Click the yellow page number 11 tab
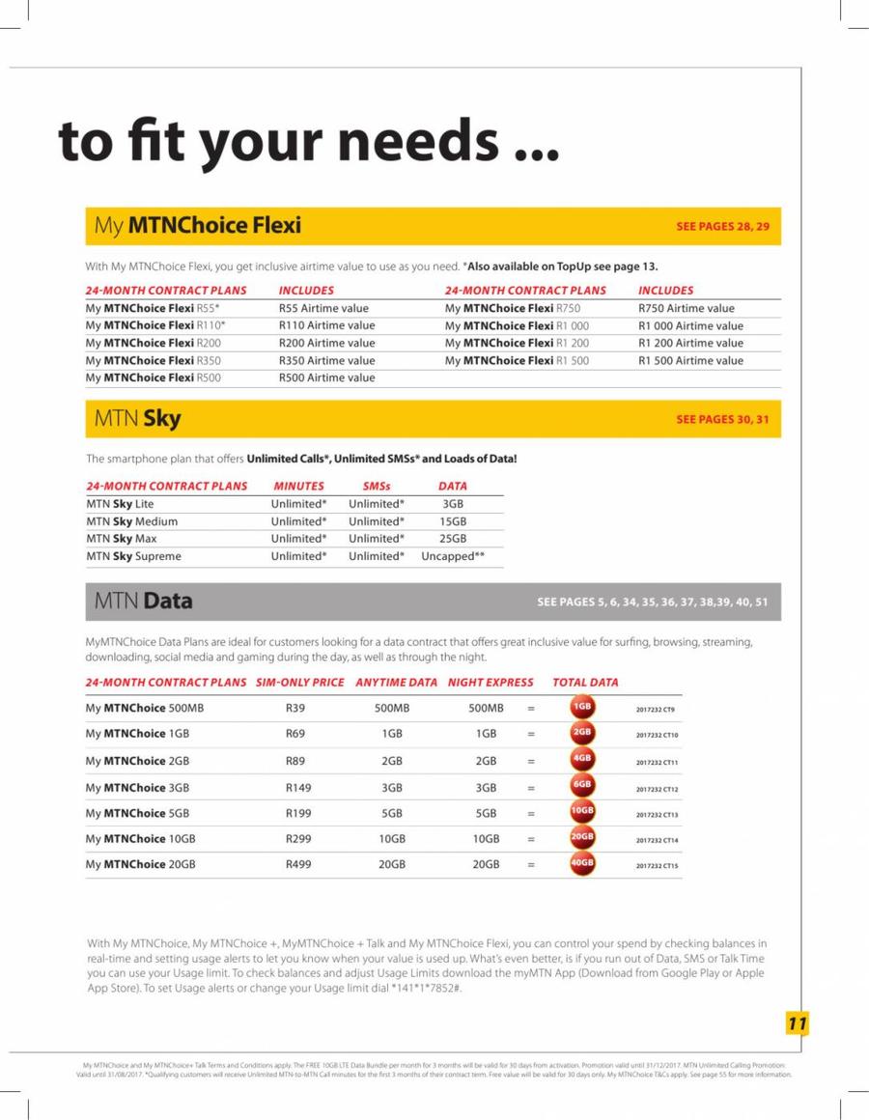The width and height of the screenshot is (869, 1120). coord(796,1024)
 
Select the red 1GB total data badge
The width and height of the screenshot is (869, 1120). coord(582,708)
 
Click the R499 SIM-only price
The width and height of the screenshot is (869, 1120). coord(298,864)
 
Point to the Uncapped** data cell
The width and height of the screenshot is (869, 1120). coord(452,556)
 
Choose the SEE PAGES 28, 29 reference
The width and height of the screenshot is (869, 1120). coord(722,227)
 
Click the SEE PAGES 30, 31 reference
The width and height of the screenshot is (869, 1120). coord(722,419)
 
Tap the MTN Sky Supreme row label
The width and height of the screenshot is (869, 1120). coord(133,556)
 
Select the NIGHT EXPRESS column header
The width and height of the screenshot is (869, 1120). coord(491,682)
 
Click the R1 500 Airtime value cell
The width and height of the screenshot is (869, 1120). coord(690,360)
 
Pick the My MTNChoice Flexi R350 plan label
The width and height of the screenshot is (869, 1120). coord(154,360)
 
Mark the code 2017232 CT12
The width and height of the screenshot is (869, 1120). coord(658,790)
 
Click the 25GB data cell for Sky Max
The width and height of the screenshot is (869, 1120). coord(452,539)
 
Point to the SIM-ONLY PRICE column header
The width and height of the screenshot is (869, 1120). coord(300,682)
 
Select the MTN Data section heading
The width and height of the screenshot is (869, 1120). coord(143,602)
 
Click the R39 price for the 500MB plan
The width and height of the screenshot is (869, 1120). coord(295,708)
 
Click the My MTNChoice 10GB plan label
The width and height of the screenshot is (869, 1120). coord(140,838)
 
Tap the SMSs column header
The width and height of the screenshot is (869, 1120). coord(376,486)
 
